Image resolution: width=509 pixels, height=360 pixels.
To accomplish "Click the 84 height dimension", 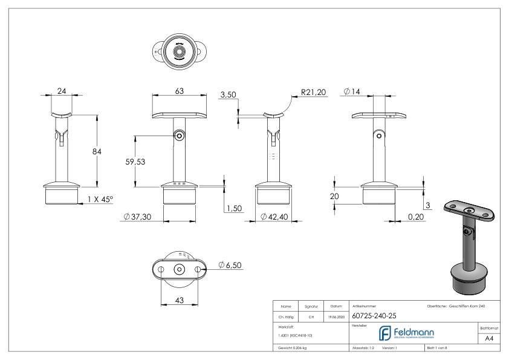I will (x=97, y=151).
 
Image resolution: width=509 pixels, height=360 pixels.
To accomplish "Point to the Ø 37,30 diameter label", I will (x=136, y=217).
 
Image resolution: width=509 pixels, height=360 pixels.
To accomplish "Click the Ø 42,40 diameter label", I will (x=276, y=217).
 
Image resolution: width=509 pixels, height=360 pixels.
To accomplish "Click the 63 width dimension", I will (x=179, y=90).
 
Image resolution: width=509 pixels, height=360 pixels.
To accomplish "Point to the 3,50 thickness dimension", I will (x=228, y=95).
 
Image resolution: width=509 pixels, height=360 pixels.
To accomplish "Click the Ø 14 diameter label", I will (x=353, y=91).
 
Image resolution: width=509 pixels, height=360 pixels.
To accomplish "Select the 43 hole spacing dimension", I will (x=179, y=301).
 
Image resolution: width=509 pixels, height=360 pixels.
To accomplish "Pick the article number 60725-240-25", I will (x=375, y=315).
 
